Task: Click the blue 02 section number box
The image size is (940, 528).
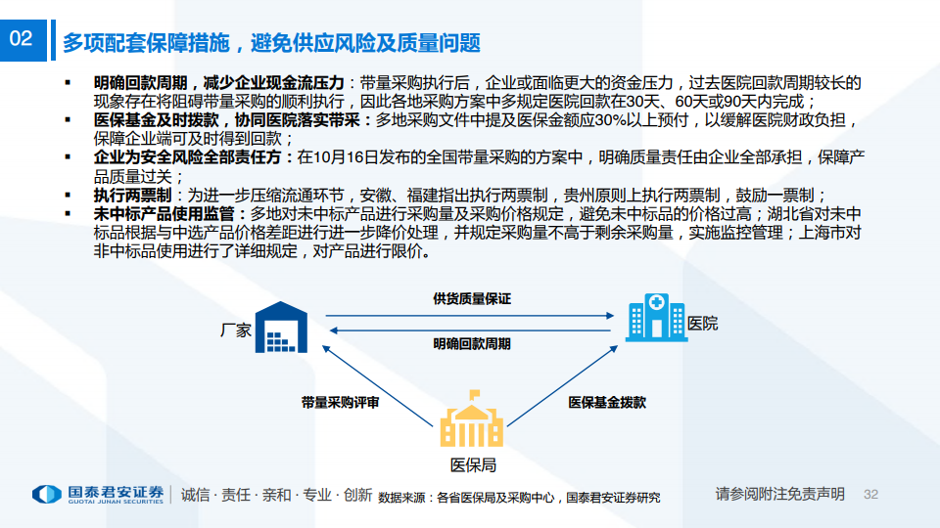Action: coord(23,40)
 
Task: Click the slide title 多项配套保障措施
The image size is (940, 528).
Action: coord(146,43)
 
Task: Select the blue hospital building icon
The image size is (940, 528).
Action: coord(656,317)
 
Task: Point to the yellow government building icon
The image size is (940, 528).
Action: coord(471,419)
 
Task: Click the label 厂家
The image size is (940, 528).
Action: coord(236,330)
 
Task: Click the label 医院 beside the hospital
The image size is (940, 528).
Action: coord(703,324)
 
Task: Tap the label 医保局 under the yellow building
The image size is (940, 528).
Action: coord(473,465)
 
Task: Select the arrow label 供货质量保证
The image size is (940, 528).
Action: coord(472,299)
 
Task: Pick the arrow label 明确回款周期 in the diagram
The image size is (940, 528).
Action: coord(472,343)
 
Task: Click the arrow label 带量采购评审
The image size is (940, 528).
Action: coord(340,402)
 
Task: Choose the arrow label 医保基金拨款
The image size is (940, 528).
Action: coord(607,402)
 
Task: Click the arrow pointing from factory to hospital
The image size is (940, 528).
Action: coord(470,316)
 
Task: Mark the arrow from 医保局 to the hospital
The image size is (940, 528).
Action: coord(562,385)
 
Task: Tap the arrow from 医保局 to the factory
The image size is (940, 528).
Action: coord(377,385)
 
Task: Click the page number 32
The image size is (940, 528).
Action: coord(870,495)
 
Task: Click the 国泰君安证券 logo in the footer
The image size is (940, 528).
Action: coord(98,495)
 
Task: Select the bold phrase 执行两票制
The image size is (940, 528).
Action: coord(132,196)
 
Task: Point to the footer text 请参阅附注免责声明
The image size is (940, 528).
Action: coord(779,494)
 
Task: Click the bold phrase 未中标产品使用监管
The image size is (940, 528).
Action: coord(164,214)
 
